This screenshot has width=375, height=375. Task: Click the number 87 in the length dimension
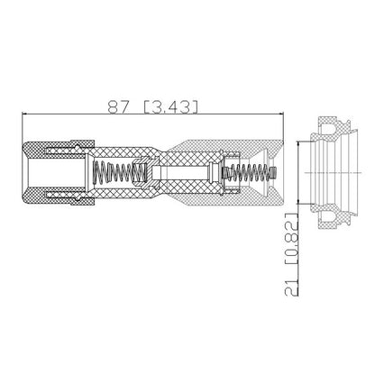118,106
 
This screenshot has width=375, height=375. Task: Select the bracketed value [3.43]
171,107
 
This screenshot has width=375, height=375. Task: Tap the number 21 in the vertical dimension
291,287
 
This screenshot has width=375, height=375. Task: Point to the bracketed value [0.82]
291,239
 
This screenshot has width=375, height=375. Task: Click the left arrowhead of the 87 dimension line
24,114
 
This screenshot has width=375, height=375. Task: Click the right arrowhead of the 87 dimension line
281,114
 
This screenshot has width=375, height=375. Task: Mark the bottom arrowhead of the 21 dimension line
298,202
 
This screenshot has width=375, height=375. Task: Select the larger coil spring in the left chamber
119,172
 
